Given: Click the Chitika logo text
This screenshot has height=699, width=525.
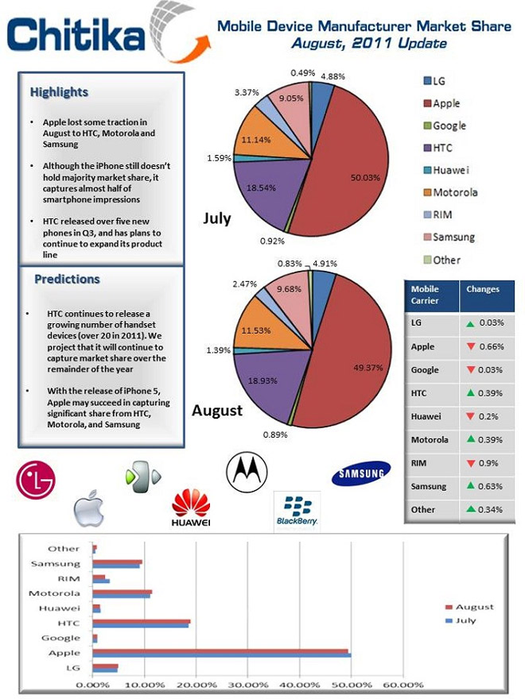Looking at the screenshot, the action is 76,34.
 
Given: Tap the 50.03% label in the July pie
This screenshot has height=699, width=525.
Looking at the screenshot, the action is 365,177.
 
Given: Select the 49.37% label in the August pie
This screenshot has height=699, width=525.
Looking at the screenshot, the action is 367,368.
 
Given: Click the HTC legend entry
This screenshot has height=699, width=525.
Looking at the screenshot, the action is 437,148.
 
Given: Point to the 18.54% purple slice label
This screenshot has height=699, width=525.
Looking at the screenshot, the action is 261,187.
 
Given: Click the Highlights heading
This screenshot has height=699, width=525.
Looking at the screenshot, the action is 59,92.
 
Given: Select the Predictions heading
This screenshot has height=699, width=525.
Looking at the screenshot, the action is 67,279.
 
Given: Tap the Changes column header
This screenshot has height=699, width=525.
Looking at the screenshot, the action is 483,289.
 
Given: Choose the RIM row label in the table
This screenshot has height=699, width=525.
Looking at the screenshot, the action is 418,463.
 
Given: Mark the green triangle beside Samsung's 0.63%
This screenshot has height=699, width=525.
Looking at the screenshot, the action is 470,485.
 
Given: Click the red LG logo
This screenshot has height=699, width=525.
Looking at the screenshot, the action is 36,480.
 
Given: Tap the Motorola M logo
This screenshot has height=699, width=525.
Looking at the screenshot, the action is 247,473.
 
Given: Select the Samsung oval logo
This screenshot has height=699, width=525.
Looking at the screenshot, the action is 360,473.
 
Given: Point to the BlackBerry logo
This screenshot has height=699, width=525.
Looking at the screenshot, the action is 297,511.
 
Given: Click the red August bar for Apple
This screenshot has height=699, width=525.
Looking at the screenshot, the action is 220,651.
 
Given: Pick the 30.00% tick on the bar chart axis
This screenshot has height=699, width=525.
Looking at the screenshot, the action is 247,685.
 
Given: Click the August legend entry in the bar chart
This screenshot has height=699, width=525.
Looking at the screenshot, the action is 469,607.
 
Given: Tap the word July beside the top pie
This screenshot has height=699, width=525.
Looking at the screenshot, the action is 217,218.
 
